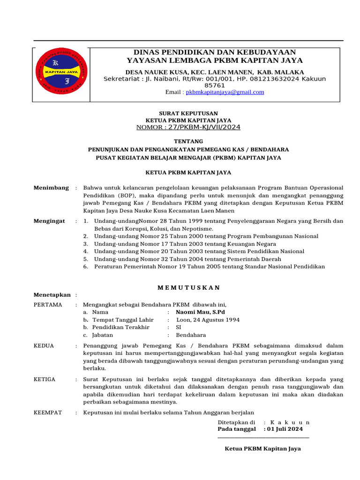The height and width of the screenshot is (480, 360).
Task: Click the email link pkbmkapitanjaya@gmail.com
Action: (x=225, y=92)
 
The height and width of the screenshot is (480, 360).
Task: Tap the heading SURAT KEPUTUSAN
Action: (x=188, y=113)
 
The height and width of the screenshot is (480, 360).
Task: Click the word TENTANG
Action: (x=188, y=141)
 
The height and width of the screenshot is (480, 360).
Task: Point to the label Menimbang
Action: (x=51, y=188)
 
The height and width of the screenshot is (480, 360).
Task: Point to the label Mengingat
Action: (x=49, y=221)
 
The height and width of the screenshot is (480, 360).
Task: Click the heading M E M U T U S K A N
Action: (x=188, y=287)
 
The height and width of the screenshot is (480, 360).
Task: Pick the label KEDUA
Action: (x=44, y=346)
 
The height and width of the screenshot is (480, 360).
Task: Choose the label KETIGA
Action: (x=45, y=379)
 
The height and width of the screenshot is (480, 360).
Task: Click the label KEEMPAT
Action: (x=48, y=412)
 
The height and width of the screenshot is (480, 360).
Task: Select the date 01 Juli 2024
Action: (x=285, y=429)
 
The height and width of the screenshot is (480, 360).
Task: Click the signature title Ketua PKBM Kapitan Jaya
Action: (x=262, y=449)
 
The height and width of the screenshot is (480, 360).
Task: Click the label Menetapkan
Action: (x=52, y=295)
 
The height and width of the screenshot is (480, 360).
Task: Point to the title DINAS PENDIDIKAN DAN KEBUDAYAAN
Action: (x=215, y=52)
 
